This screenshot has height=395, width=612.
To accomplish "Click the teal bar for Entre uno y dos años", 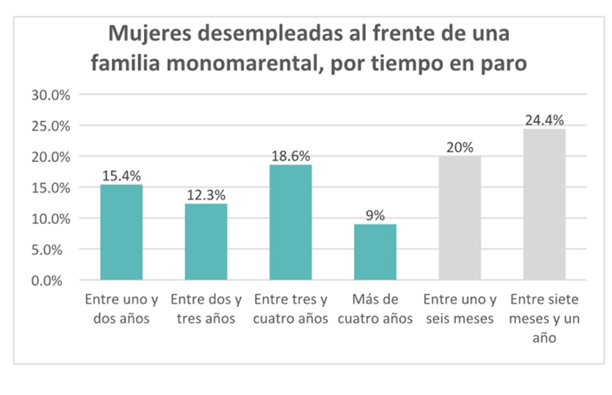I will (121, 233).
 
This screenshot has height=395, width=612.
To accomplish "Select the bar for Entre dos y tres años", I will (206, 242).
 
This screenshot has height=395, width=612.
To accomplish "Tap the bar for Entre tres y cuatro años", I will (290, 222).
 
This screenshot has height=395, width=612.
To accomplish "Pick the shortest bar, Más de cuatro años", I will (375, 252).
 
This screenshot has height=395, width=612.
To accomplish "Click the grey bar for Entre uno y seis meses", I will (460, 218).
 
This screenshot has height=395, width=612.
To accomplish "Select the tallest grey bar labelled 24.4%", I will (544, 204).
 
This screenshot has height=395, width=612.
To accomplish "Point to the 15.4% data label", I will (121, 176).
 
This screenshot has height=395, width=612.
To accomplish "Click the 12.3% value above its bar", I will (206, 195).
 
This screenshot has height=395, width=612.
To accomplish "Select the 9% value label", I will (375, 216).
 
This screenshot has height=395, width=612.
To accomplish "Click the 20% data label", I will (460, 148).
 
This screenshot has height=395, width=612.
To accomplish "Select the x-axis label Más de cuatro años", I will (375, 309).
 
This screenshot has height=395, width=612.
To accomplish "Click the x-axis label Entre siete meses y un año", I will (544, 318).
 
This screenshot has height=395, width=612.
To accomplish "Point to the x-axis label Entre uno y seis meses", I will (460, 309).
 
